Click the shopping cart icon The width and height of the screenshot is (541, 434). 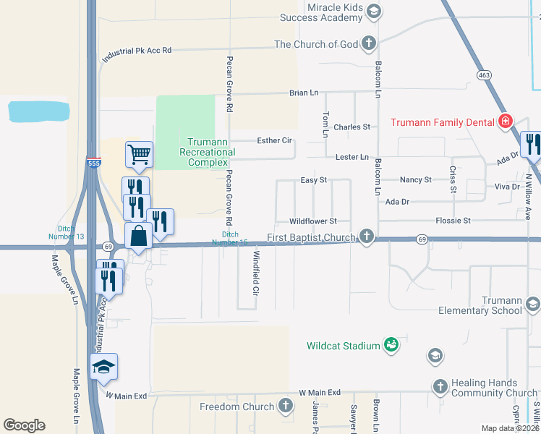click(139, 153)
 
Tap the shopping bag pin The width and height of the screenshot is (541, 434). click(138, 236)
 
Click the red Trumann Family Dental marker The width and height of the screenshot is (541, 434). click(506, 122)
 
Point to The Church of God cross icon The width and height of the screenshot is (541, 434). click(368, 44)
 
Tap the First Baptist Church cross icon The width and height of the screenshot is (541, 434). click(367, 237)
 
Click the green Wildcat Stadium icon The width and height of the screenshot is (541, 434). click(391, 345)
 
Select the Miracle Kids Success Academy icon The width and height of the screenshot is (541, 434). click(373, 11)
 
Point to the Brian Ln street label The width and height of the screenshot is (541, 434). click(304, 93)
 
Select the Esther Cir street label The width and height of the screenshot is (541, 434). click(274, 140)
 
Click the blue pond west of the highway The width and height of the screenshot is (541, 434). click(38, 111)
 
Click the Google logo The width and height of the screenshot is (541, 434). click(24, 425)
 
